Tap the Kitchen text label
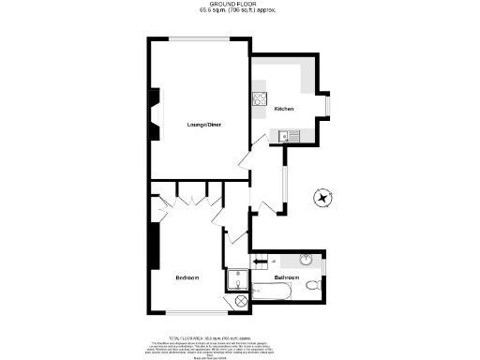pos(284,110)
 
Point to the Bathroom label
pos(286,278)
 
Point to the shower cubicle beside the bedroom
pos(237,278)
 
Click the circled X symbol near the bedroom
pos(240,302)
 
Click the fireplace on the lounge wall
pos(154,111)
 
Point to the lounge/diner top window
pos(196,37)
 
